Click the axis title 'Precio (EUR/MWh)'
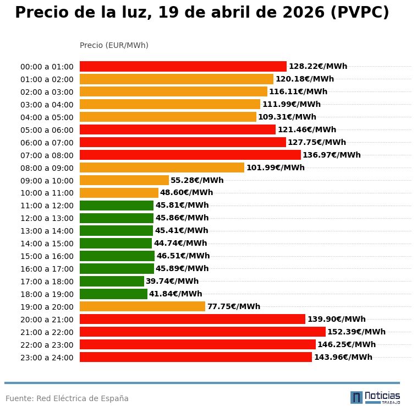pos(114,45)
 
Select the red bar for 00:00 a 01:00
pos(183,66)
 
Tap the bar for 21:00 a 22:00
pos(202,332)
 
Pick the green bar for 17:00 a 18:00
pos(112,281)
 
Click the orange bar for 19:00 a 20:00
pos(142,306)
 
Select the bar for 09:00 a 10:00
pos(124,180)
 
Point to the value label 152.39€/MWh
pos(356,332)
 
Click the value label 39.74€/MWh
pos(172,281)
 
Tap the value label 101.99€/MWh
pos(275,168)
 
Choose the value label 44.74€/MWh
pos(180,243)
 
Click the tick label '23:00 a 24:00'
pos(47,358)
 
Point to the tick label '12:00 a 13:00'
pos(47,218)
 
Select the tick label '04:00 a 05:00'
pos(47,117)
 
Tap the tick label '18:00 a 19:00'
pos(47,294)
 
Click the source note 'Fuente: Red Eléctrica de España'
pos(67,398)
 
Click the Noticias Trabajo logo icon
pos(356,397)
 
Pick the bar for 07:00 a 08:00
pos(190,155)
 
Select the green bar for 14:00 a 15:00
pos(116,243)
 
